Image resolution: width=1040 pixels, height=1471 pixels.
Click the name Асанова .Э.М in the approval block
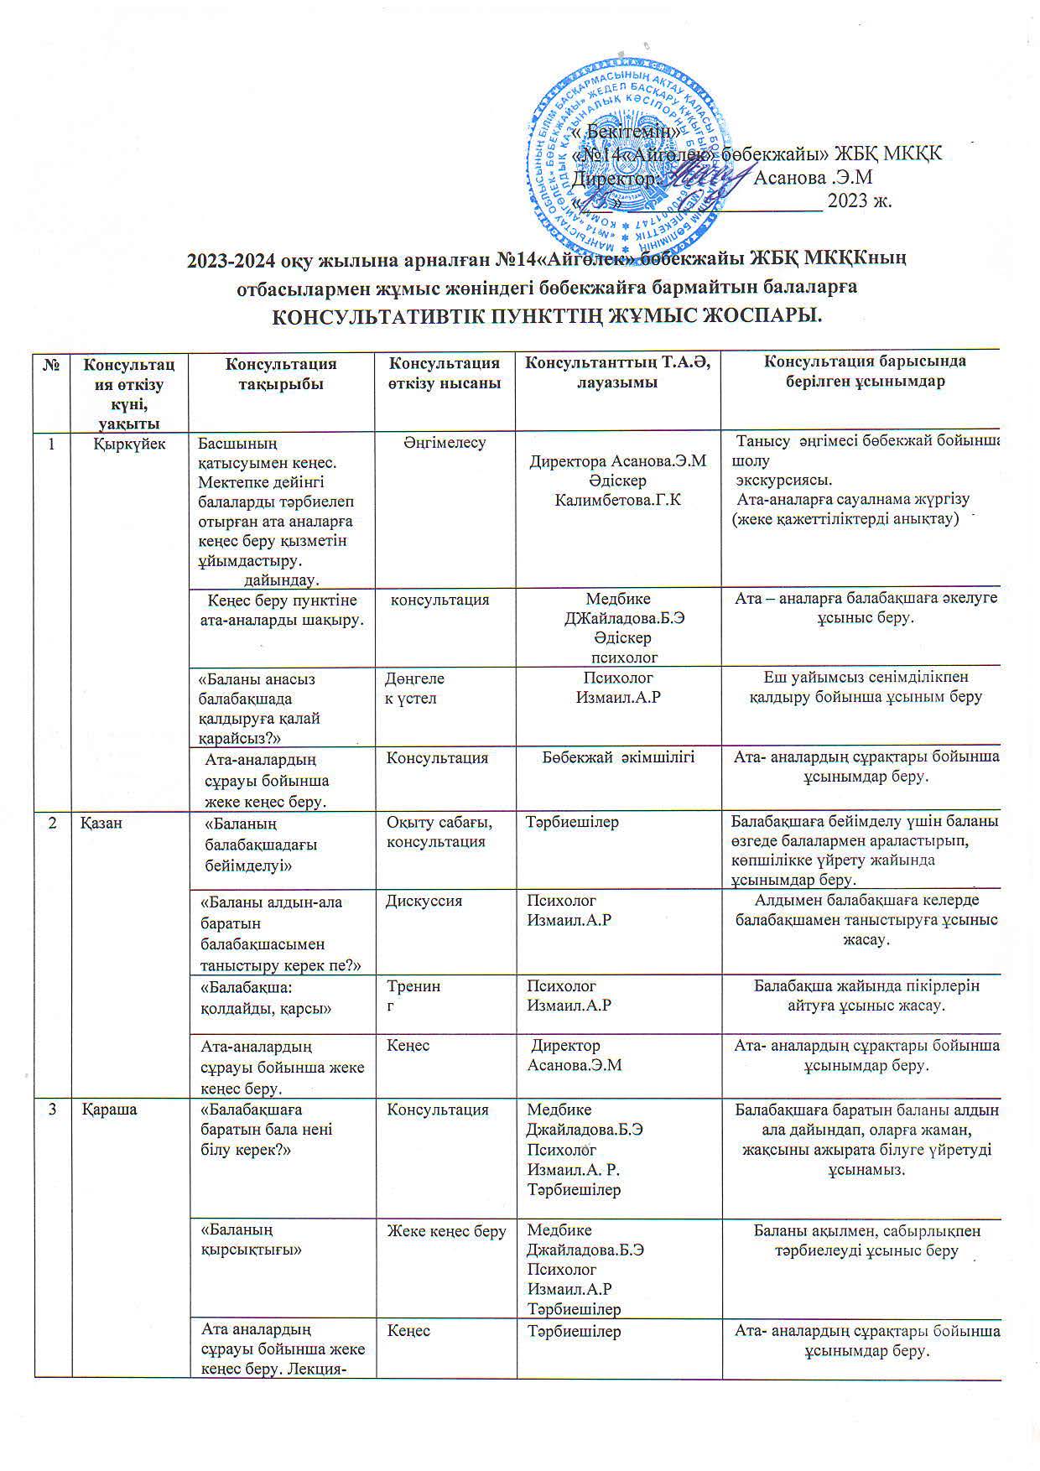[814, 178]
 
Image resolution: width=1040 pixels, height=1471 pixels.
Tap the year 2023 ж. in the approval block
[860, 201]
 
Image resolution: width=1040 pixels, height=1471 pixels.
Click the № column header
[53, 365]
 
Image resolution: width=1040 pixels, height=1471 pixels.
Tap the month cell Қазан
[101, 823]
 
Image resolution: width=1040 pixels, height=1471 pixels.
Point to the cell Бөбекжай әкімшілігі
[617, 757]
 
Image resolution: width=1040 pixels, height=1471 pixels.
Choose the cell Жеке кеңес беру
[445, 1231]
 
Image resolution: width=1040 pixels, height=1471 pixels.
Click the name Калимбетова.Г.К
[617, 500]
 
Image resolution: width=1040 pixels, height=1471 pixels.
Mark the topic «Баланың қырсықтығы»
[250, 1240]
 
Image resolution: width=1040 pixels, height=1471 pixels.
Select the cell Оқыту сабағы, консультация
[439, 831]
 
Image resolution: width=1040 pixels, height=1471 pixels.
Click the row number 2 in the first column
[53, 823]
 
